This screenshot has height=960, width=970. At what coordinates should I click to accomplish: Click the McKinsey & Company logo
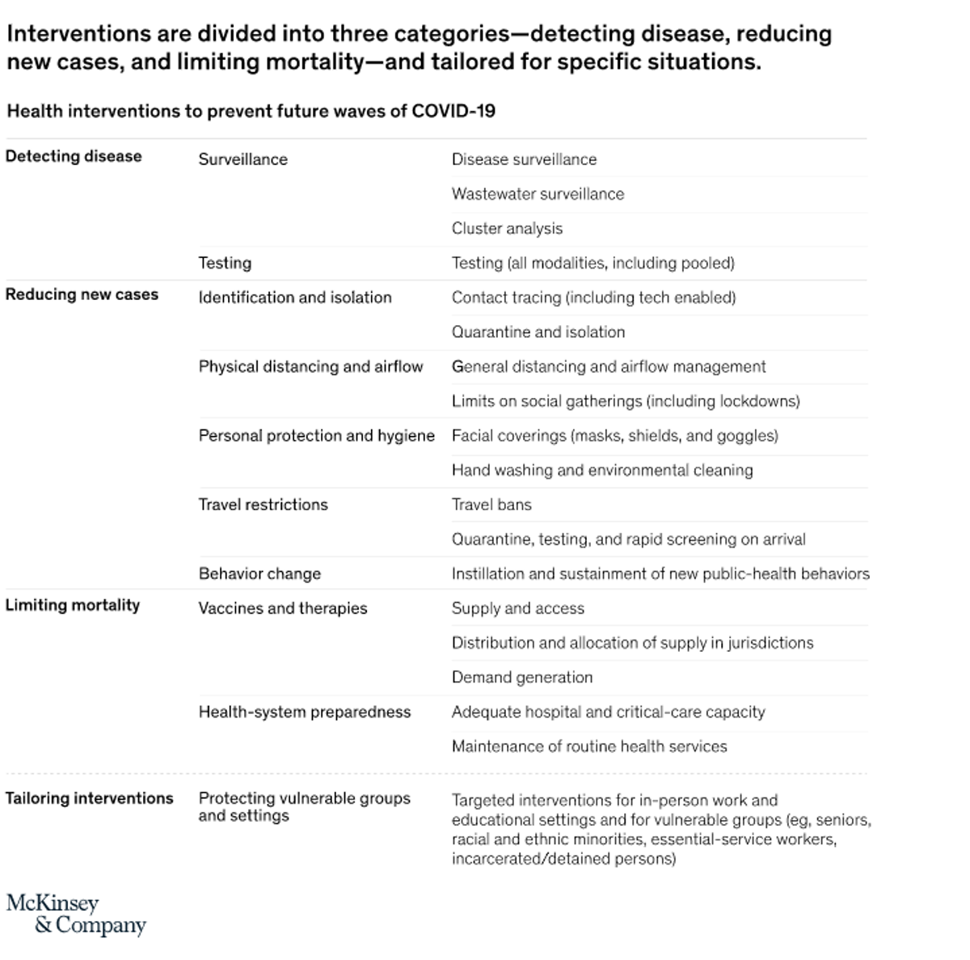[x=76, y=914]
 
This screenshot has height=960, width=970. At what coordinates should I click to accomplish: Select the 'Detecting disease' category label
[x=74, y=156]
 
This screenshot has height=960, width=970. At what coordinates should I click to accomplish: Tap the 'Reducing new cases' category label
[x=82, y=294]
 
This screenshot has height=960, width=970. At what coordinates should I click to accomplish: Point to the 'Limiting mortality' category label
[x=73, y=605]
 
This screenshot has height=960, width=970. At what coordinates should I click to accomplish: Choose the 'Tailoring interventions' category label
[x=89, y=798]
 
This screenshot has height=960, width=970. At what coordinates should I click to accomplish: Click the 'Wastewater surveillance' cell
[x=538, y=194]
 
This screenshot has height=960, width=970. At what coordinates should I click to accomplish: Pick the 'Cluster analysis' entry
[x=507, y=229]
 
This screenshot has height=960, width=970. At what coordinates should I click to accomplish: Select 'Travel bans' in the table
[x=491, y=505]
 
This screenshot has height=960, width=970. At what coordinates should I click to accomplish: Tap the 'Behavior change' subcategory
[x=259, y=574]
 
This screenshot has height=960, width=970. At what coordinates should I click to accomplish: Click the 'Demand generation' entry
[x=522, y=678]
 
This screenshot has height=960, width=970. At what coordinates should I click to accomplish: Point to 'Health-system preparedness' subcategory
[x=305, y=713]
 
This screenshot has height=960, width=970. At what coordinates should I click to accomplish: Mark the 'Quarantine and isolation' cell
[x=538, y=332]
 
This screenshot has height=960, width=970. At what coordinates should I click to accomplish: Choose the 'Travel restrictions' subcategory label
[x=264, y=505]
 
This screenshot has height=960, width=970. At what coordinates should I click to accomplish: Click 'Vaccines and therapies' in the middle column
[x=283, y=608]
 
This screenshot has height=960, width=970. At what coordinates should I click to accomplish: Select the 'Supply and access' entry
[x=518, y=608]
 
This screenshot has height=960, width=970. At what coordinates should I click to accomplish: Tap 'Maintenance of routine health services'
[x=589, y=746]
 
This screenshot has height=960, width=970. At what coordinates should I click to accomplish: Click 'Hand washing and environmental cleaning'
[x=602, y=471]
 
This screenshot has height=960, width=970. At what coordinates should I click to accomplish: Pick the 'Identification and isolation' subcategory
[x=295, y=298]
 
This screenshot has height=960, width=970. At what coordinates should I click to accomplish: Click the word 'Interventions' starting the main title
[x=79, y=34]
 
